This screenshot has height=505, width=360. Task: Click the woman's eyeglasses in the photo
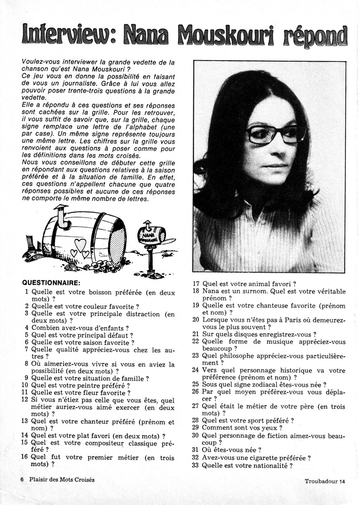click(276, 134)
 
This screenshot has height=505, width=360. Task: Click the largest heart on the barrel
click(80, 245)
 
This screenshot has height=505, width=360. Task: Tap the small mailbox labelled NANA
click(151, 235)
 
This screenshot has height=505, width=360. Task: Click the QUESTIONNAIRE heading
click(52, 283)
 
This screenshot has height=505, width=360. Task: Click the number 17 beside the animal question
click(196, 284)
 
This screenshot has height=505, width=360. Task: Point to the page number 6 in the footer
click(22, 479)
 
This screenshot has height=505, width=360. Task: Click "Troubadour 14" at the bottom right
click(326, 481)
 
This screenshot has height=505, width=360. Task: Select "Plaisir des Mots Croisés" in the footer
click(62, 479)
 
